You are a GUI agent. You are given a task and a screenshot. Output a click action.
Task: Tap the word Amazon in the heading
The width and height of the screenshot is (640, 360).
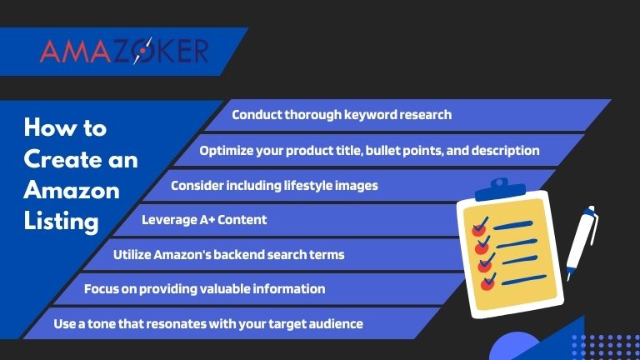pyautogui.click(x=71, y=190)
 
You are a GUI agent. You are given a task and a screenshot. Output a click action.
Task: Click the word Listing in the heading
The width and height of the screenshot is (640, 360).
pyautogui.click(x=61, y=221)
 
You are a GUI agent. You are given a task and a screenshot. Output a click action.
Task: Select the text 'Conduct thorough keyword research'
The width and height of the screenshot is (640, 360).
pyautogui.click(x=342, y=115)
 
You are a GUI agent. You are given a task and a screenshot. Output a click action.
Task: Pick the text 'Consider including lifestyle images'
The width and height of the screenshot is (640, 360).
pyautogui.click(x=274, y=185)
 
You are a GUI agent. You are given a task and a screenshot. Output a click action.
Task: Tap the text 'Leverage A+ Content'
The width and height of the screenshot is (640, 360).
pyautogui.click(x=204, y=220)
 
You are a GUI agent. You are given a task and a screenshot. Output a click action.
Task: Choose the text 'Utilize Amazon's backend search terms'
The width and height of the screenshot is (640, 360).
pyautogui.click(x=228, y=254)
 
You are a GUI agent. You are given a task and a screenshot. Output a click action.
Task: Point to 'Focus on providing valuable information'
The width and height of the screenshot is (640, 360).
pyautogui.click(x=204, y=289)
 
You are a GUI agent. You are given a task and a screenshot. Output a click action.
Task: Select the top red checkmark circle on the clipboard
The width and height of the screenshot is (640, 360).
pyautogui.click(x=478, y=227)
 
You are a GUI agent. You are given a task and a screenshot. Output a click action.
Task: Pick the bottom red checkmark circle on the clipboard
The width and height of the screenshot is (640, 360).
pyautogui.click(x=487, y=283)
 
